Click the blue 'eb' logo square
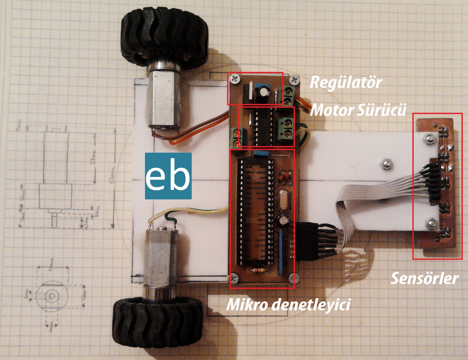pyautogui.click(x=168, y=176)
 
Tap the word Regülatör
pyautogui.click(x=346, y=83)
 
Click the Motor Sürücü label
pyautogui.click(x=358, y=110)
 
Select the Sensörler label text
pyautogui.click(x=424, y=278)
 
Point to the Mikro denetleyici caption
pyautogui.click(x=288, y=305)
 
